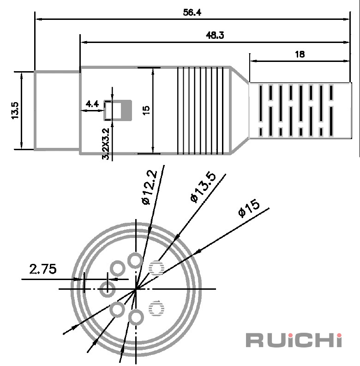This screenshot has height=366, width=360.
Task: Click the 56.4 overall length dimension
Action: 192,12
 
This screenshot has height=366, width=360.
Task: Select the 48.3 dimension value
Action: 215,35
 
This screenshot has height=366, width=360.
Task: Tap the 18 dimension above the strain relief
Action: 300,54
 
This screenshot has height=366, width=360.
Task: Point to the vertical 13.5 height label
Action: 15,110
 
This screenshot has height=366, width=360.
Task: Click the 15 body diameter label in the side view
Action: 146,110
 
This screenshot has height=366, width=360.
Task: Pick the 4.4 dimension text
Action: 92,104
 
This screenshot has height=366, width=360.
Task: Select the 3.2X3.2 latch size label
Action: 106,144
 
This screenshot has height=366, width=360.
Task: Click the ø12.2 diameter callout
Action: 150,187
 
